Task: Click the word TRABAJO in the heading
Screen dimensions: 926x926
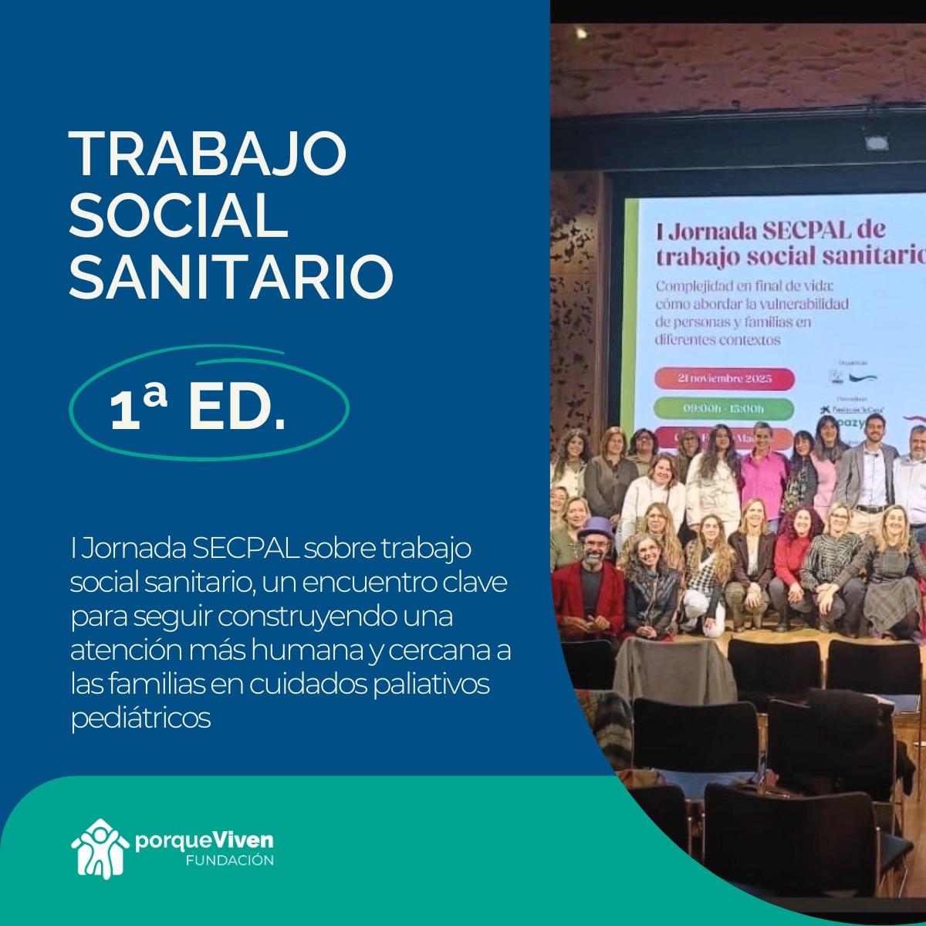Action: click(208, 154)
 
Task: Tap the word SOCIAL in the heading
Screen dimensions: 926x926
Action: click(178, 215)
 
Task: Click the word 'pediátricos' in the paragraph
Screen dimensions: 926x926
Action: click(140, 718)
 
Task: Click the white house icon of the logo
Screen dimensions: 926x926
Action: click(100, 848)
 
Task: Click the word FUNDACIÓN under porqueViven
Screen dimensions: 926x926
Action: click(229, 860)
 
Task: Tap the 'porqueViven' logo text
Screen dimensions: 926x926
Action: click(204, 840)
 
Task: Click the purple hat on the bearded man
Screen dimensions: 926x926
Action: click(595, 528)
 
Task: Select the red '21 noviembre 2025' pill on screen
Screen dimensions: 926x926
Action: click(724, 379)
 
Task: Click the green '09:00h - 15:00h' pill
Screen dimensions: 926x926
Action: click(724, 408)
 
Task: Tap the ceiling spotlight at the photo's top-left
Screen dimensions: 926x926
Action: click(580, 34)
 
